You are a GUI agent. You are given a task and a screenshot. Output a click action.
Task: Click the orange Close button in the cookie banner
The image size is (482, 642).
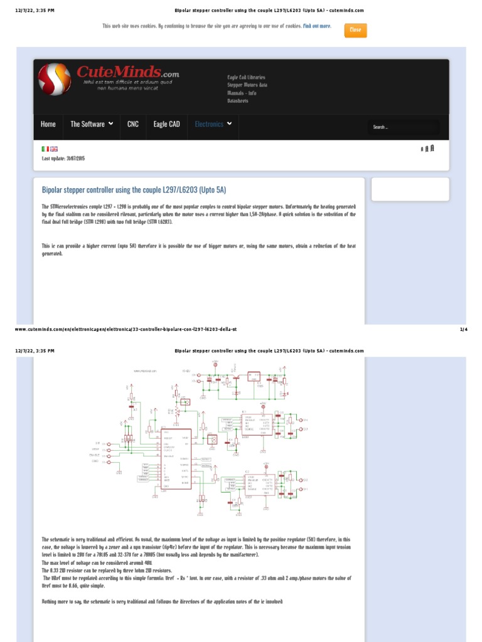(355, 30)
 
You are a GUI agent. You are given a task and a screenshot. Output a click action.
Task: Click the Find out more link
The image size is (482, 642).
(317, 26)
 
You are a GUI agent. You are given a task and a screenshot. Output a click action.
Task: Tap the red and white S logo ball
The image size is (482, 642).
(54, 80)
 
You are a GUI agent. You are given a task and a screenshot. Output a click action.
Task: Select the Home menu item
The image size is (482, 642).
(48, 124)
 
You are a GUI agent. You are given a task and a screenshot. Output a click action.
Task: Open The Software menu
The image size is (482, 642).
(92, 124)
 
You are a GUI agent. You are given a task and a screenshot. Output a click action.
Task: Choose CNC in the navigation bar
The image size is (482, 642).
(133, 124)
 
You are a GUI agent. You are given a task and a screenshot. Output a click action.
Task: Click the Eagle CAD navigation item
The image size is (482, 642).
(166, 124)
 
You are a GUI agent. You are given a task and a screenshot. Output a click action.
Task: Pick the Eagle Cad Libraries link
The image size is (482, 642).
(246, 78)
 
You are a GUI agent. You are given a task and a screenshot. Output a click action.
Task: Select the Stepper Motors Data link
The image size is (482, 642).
(247, 85)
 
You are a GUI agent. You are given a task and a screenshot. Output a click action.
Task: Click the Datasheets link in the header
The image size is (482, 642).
(238, 101)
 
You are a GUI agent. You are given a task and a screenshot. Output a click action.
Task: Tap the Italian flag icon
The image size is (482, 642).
(45, 149)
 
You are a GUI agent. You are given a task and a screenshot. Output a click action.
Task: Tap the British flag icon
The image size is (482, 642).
(54, 149)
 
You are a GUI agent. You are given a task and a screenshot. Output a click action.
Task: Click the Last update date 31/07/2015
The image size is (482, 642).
(63, 159)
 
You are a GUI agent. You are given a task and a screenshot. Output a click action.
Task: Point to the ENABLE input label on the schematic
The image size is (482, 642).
(95, 455)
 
